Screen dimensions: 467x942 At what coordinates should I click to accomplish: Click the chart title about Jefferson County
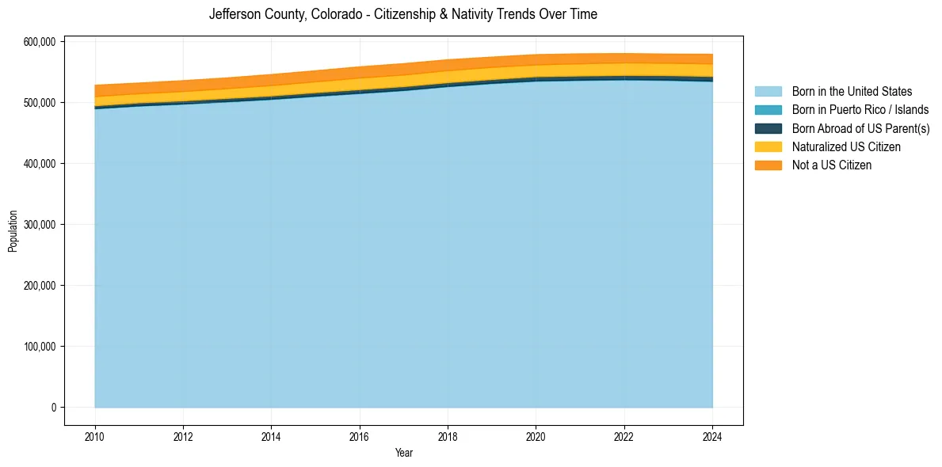pyautogui.click(x=402, y=14)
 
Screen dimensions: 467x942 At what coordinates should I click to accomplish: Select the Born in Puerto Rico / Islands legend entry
pyautogui.click(x=860, y=110)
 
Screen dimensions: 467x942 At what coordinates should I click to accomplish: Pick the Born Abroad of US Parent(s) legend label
pyautogui.click(x=860, y=128)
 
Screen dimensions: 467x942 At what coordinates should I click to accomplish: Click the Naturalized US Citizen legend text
pyautogui.click(x=846, y=147)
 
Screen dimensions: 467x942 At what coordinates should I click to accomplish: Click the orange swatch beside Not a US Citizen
pyautogui.click(x=768, y=165)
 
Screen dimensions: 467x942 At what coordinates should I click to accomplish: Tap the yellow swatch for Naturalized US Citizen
pyautogui.click(x=768, y=147)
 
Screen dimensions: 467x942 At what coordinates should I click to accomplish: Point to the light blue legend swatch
pyautogui.click(x=768, y=92)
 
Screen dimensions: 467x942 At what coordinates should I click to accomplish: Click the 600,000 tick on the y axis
pyautogui.click(x=40, y=42)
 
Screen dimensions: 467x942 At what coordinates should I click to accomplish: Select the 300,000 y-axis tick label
pyautogui.click(x=40, y=225)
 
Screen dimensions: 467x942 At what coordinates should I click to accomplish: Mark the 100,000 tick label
pyautogui.click(x=40, y=347)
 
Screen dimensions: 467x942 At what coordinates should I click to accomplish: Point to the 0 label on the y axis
pyautogui.click(x=54, y=408)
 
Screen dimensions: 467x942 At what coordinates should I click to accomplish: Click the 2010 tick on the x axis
pyautogui.click(x=94, y=435)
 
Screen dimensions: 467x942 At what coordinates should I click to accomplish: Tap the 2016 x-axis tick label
pyautogui.click(x=360, y=435)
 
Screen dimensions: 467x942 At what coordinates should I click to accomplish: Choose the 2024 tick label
pyautogui.click(x=712, y=435)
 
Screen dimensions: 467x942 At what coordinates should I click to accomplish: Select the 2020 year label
pyautogui.click(x=536, y=435)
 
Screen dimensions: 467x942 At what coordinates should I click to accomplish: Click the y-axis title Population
pyautogui.click(x=13, y=231)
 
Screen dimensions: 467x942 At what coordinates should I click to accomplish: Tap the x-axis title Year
pyautogui.click(x=403, y=454)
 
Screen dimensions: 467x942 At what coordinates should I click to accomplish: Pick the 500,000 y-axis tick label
pyautogui.click(x=40, y=103)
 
